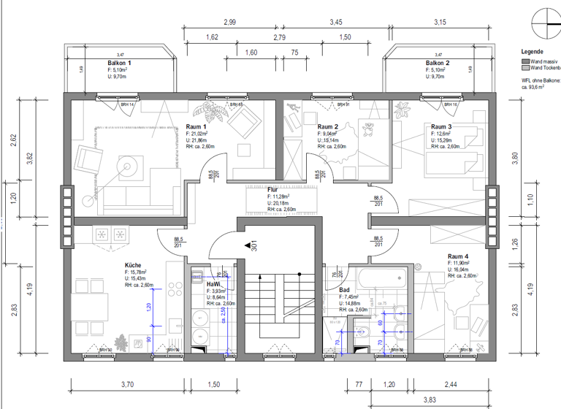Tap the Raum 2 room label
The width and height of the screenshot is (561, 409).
[328, 127]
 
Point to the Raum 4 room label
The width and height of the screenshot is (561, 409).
[458, 256]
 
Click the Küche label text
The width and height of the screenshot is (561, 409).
[132, 266]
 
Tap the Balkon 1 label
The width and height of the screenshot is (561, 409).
[121, 64]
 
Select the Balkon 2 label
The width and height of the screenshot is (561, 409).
[438, 64]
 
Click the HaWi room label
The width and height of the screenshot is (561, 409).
[213, 284]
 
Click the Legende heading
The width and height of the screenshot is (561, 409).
[531, 52]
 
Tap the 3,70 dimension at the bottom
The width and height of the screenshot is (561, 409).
[126, 384]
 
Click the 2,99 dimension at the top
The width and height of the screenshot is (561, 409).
[229, 23]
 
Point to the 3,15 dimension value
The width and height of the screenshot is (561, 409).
[440, 23]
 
